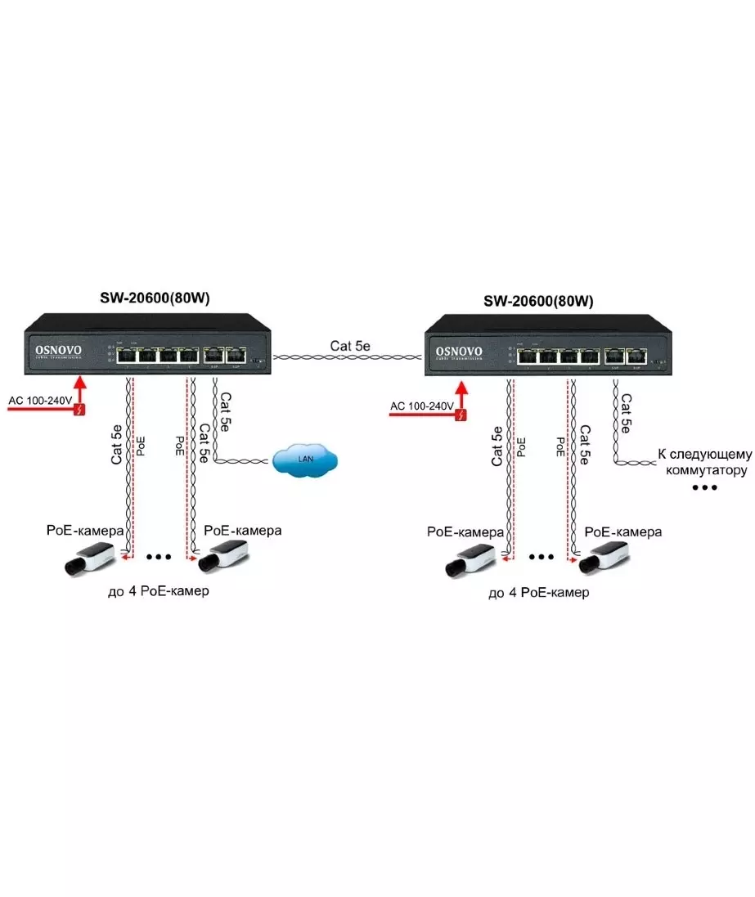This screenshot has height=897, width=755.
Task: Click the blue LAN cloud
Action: pyautogui.click(x=305, y=460)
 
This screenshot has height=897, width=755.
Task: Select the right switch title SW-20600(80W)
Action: pyautogui.click(x=537, y=301)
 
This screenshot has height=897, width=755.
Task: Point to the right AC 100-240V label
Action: pyautogui.click(x=421, y=406)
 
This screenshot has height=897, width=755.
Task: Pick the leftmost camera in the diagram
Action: pyautogui.click(x=92, y=558)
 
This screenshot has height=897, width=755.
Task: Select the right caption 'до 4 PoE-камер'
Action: pyautogui.click(x=537, y=593)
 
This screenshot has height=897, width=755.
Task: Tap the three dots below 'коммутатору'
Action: pyautogui.click(x=704, y=487)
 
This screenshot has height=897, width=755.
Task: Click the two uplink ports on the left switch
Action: pyautogui.click(x=225, y=356)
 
